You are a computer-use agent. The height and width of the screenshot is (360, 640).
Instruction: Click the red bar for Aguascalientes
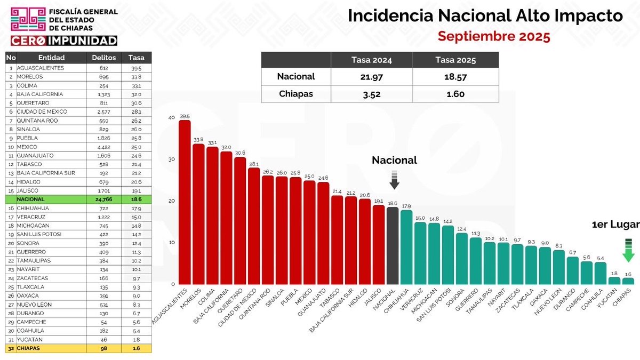185,203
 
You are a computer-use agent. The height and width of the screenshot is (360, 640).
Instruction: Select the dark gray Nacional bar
393,245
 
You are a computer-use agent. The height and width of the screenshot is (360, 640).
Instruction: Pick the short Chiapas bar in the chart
628,281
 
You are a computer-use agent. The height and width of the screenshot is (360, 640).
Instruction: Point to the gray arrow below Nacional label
394,180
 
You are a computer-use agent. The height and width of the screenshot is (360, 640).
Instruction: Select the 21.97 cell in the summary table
372,76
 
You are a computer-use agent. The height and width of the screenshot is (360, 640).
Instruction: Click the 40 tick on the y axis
171,118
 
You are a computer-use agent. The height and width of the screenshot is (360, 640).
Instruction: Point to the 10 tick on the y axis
171,243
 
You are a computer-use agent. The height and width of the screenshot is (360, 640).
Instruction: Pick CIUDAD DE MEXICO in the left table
42,111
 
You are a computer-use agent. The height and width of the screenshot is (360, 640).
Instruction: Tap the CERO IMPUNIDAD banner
64,41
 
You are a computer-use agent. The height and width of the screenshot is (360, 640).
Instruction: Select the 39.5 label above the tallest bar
185,116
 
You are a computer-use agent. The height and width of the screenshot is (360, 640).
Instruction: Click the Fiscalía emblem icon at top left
28,19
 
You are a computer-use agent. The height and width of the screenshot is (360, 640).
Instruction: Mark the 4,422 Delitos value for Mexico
103,147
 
